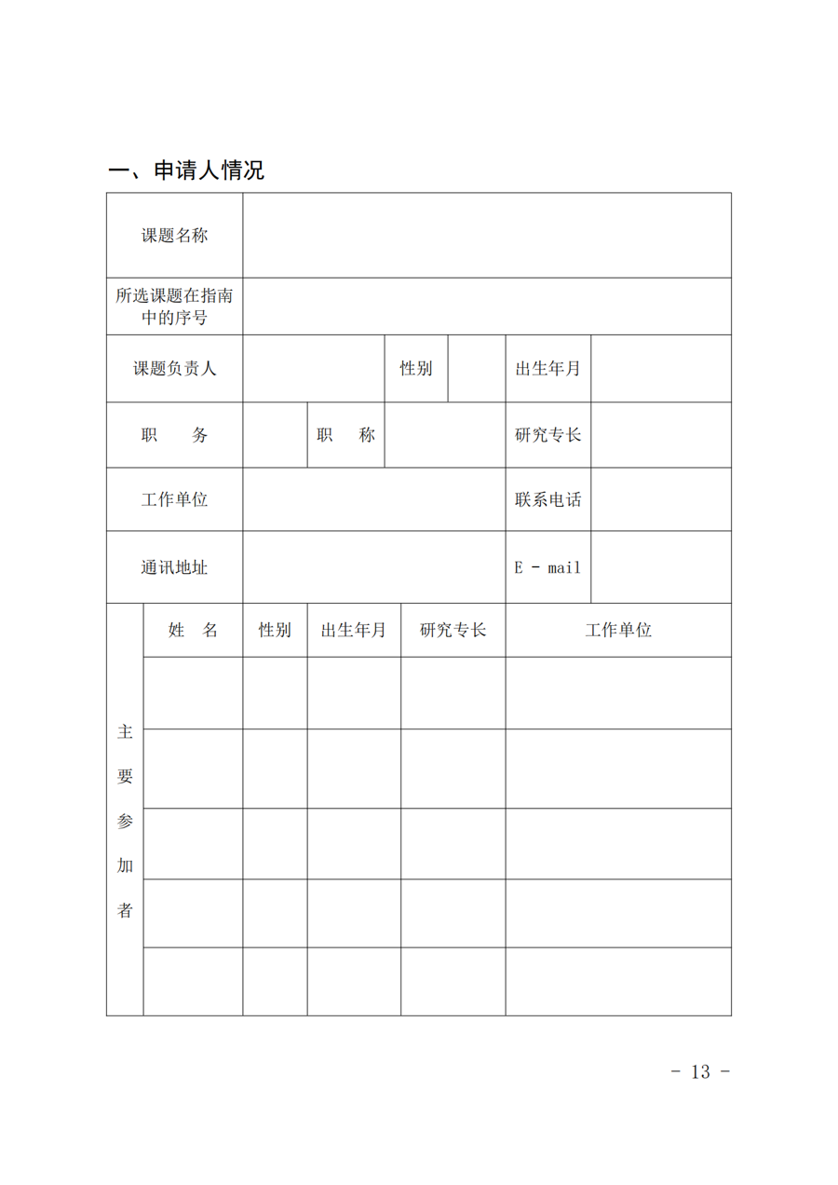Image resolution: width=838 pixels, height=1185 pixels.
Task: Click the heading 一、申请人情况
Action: pyautogui.click(x=186, y=170)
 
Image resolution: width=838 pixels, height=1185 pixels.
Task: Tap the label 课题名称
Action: pyautogui.click(x=174, y=236)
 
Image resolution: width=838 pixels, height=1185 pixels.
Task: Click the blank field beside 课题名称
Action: pyautogui.click(x=486, y=236)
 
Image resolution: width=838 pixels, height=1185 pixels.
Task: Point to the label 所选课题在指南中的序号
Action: pyautogui.click(x=174, y=306)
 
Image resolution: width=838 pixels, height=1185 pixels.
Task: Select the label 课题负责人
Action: pyautogui.click(x=174, y=369)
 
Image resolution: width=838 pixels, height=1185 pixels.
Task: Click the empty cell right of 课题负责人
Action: pyautogui.click(x=314, y=369)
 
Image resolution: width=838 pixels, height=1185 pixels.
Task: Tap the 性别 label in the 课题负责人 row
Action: pyautogui.click(x=416, y=369)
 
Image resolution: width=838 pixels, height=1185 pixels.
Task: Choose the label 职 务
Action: pyautogui.click(x=174, y=435)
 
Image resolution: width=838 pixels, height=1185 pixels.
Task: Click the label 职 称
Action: pyautogui.click(x=345, y=435)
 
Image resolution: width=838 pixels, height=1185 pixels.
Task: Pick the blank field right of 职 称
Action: pyautogui.click(x=444, y=435)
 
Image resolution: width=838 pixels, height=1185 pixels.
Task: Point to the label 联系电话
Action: pyautogui.click(x=547, y=499)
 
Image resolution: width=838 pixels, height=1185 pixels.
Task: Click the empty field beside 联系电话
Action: pyautogui.click(x=660, y=499)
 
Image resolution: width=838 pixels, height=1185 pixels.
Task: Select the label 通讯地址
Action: pyautogui.click(x=174, y=566)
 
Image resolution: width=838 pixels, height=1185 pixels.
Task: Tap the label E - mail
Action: pyautogui.click(x=547, y=566)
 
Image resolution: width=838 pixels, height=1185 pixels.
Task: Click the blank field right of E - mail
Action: pyautogui.click(x=660, y=566)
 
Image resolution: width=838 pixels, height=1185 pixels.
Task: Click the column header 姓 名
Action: pyautogui.click(x=193, y=630)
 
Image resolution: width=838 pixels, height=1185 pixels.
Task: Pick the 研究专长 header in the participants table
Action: pyautogui.click(x=453, y=630)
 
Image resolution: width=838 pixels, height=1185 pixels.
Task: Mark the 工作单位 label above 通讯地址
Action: pyautogui.click(x=174, y=499)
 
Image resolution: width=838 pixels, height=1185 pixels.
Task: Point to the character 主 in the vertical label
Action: pyautogui.click(x=125, y=732)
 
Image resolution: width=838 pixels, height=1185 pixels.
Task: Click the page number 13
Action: pyautogui.click(x=700, y=1071)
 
